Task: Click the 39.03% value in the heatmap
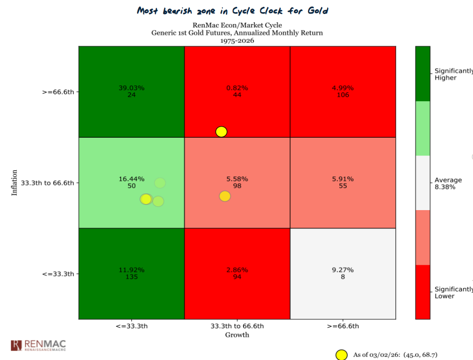tap(131, 88)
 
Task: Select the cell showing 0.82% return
tap(237, 88)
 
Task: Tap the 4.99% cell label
tap(343, 88)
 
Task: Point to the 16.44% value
tap(131, 179)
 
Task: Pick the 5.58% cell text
tap(237, 179)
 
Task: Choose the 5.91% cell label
tap(343, 179)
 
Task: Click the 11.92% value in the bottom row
tap(131, 270)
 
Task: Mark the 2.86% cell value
tap(237, 270)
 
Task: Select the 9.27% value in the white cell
tap(343, 270)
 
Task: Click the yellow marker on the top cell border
tap(222, 132)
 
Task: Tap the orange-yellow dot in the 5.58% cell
tap(225, 197)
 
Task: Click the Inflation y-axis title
tap(14, 183)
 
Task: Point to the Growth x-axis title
tap(237, 335)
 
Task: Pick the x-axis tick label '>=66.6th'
tap(343, 326)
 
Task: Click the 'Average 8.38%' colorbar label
tap(448, 184)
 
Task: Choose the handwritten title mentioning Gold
tap(232, 10)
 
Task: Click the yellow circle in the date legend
tap(342, 355)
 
